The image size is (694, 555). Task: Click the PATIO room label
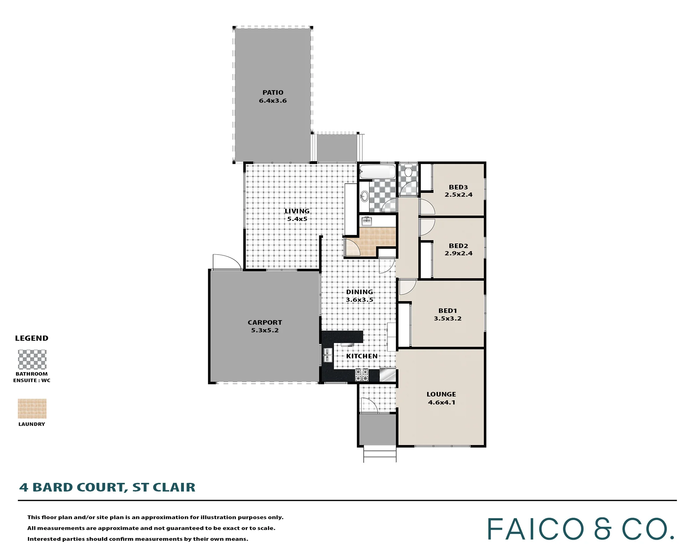click(x=273, y=93)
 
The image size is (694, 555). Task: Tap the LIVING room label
click(x=297, y=211)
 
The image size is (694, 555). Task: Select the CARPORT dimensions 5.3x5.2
click(x=265, y=330)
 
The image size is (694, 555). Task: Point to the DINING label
click(x=359, y=292)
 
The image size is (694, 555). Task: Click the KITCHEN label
click(x=362, y=356)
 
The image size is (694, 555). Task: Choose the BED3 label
click(x=458, y=187)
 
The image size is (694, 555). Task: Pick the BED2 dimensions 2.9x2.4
click(x=458, y=253)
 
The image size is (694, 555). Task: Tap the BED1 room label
click(x=448, y=311)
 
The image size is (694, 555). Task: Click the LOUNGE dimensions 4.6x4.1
click(x=441, y=402)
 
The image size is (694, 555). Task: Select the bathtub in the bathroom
click(x=377, y=172)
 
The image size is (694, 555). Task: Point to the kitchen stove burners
click(x=362, y=375)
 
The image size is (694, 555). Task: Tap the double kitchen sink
click(x=328, y=356)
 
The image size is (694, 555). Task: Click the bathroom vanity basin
click(x=364, y=196)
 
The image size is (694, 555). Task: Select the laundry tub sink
click(x=366, y=221)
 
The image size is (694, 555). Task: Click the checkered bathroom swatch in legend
click(x=32, y=359)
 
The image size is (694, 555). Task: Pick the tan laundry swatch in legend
click(x=32, y=409)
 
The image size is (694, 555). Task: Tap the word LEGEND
click(x=32, y=338)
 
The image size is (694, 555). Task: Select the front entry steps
click(x=380, y=454)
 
